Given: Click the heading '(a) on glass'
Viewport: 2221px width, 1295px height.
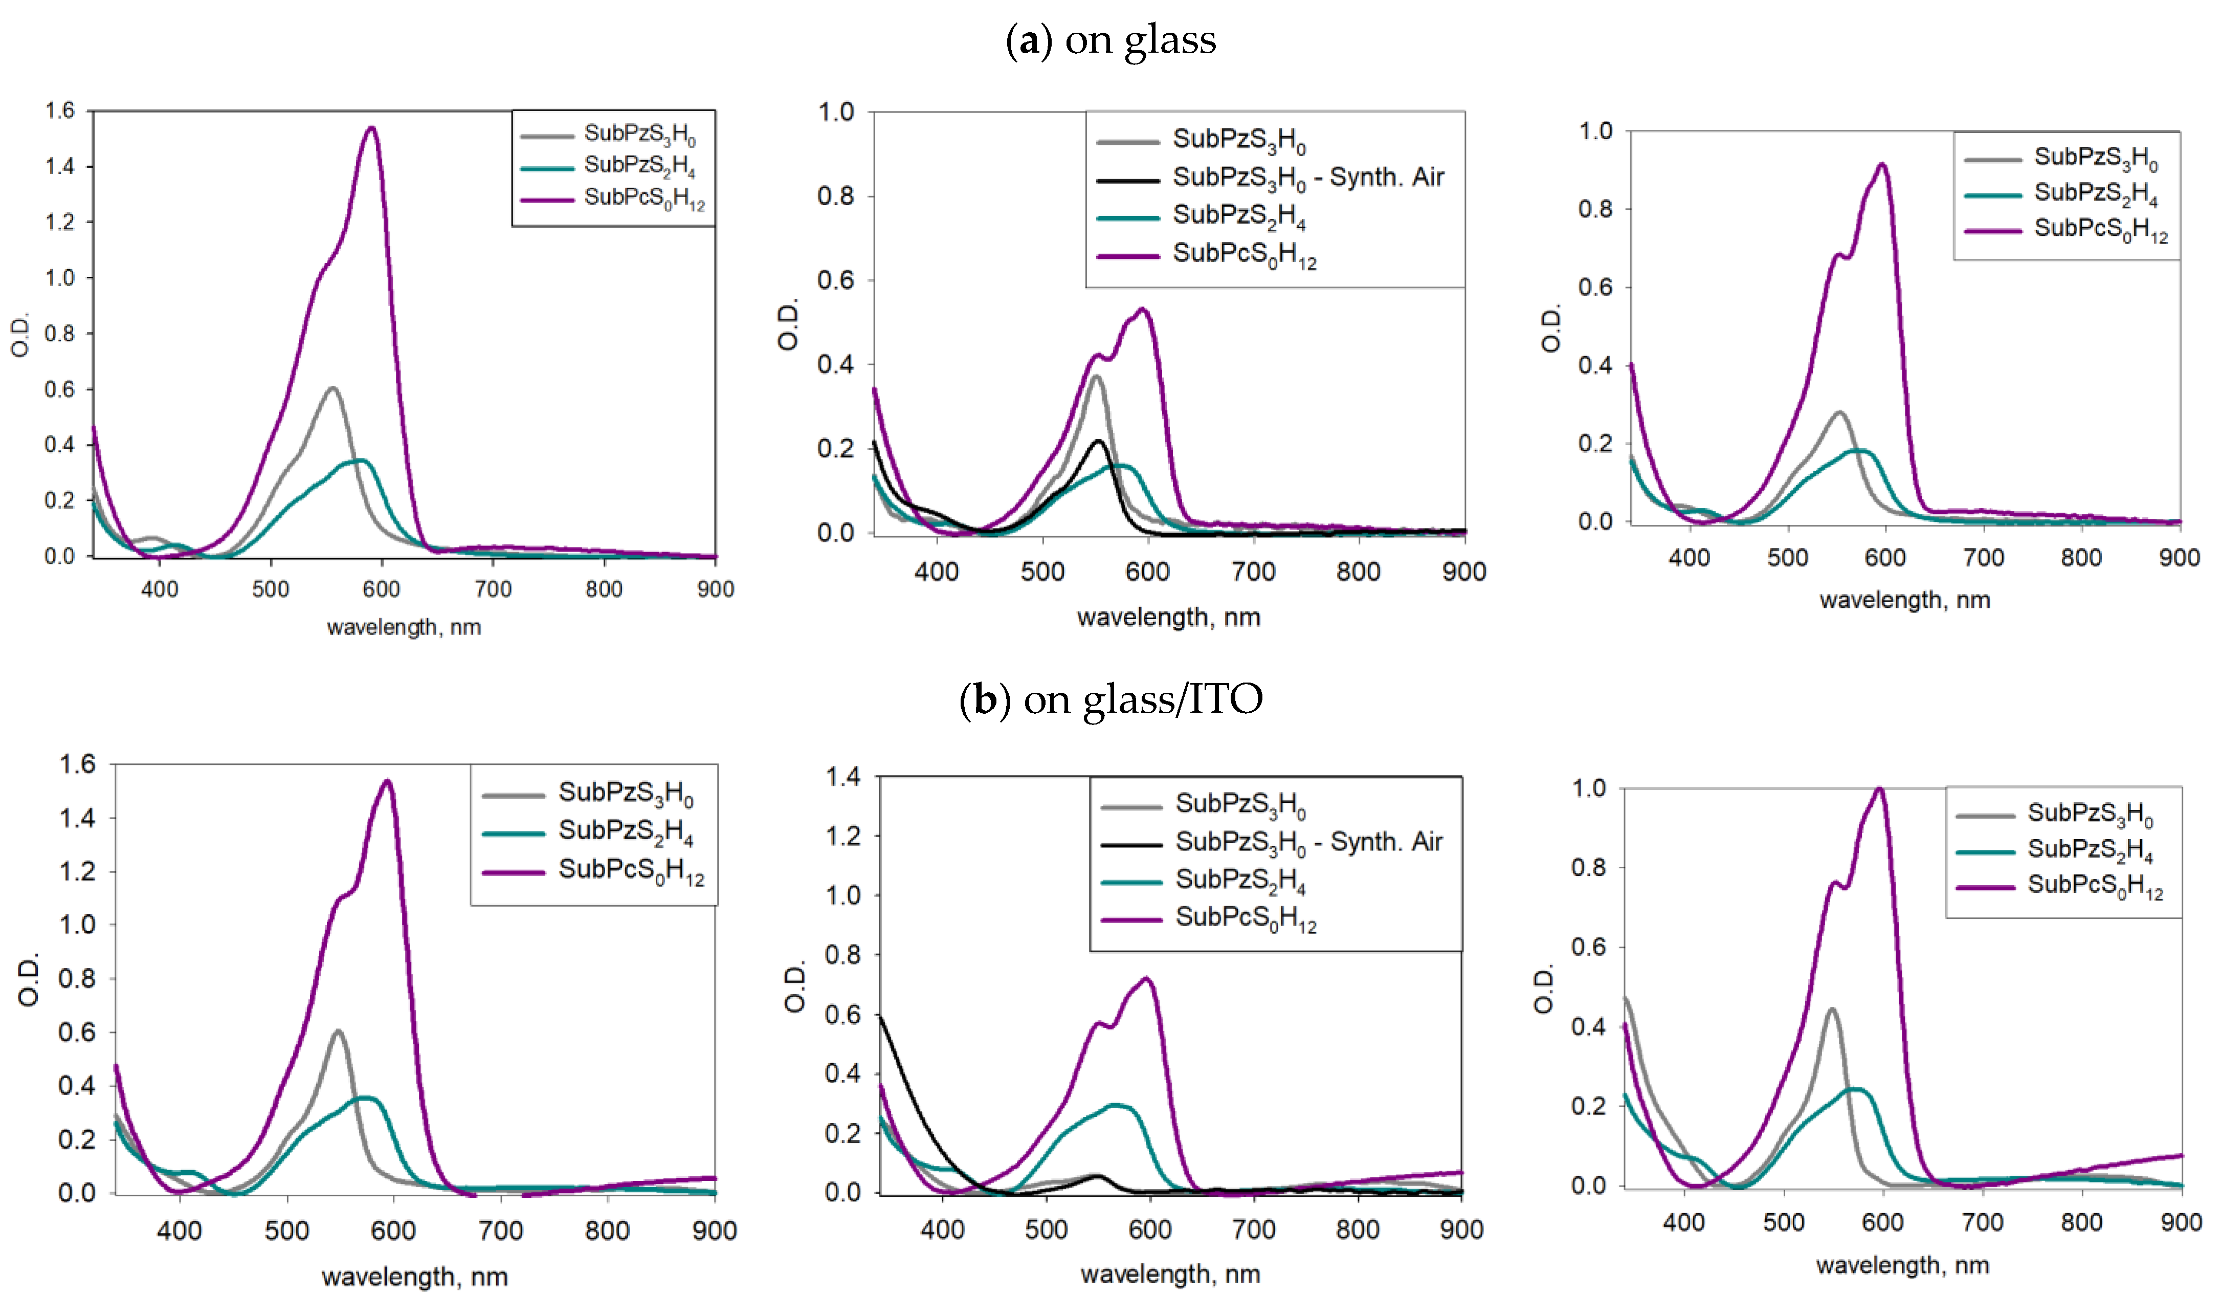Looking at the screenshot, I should pyautogui.click(x=1110, y=40).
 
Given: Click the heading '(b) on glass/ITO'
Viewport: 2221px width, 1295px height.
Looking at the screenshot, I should pyautogui.click(x=1110, y=699).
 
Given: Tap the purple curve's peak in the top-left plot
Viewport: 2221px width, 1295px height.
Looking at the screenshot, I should pyautogui.click(x=372, y=129).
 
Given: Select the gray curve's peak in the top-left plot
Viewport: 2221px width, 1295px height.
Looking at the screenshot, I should pyautogui.click(x=332, y=388).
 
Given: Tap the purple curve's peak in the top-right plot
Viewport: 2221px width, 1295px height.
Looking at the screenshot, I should pyautogui.click(x=1882, y=165).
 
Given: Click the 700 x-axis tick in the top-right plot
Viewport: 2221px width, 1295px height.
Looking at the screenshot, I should pyautogui.click(x=1983, y=557).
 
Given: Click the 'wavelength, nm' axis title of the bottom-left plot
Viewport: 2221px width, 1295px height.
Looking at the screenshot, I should pyautogui.click(x=414, y=1277).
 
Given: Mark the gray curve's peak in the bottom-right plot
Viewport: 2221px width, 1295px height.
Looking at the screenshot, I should pyautogui.click(x=1831, y=1009).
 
